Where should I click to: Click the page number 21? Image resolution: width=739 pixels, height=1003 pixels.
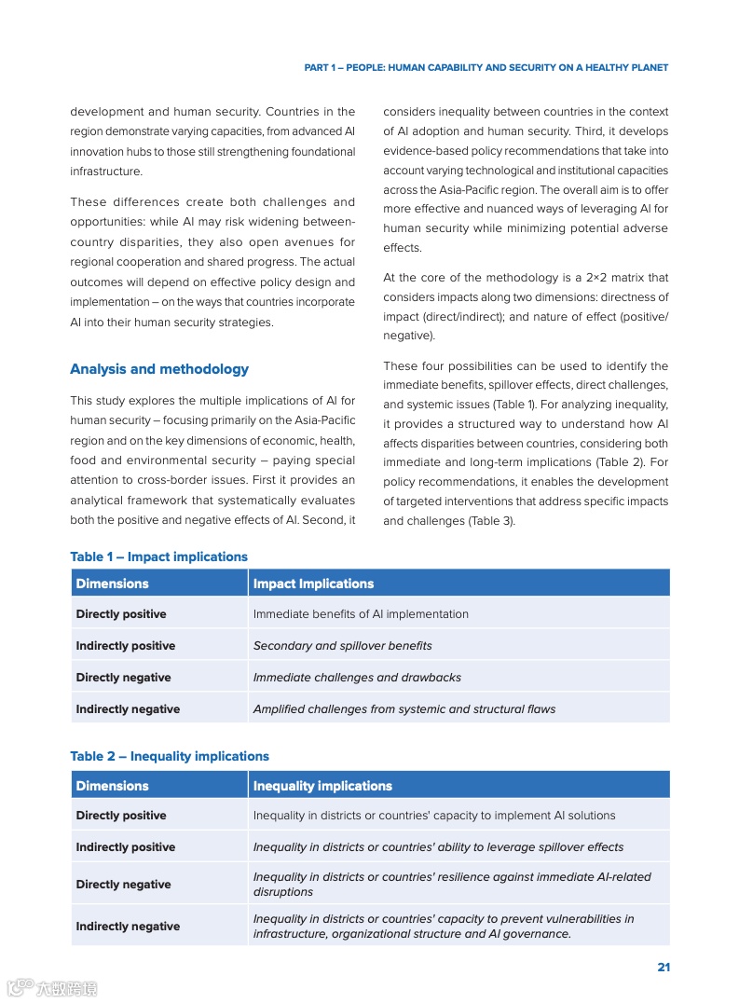[664, 967]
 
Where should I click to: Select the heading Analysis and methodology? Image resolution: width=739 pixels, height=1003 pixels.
[159, 369]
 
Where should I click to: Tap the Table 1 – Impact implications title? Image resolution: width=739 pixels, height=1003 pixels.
[158, 556]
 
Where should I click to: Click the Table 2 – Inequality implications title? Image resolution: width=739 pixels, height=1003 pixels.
[170, 756]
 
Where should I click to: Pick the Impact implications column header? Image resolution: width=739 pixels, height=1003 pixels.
[313, 584]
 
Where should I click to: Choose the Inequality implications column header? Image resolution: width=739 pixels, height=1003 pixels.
[322, 786]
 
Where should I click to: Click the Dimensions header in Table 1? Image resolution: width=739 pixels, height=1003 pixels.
[112, 584]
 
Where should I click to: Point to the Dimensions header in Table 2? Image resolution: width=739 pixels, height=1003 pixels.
[112, 786]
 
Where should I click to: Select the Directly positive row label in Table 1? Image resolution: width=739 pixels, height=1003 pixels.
[121, 614]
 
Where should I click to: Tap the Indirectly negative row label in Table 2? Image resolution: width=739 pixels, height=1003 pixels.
[128, 926]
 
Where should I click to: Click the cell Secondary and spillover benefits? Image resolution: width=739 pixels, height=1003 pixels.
[342, 646]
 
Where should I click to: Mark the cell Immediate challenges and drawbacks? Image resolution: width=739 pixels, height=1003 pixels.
[357, 678]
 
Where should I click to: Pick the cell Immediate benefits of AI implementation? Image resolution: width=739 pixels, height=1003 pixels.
[361, 614]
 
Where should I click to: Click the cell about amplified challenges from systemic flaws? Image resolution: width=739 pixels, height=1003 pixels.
[404, 709]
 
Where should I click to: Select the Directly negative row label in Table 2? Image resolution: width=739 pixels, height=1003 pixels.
[123, 884]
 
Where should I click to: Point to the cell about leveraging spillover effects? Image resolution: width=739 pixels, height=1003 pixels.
[438, 847]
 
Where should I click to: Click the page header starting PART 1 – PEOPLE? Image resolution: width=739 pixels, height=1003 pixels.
[486, 68]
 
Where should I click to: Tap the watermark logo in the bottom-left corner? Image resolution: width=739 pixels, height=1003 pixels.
[51, 987]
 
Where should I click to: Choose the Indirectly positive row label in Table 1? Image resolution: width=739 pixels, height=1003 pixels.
[125, 646]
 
